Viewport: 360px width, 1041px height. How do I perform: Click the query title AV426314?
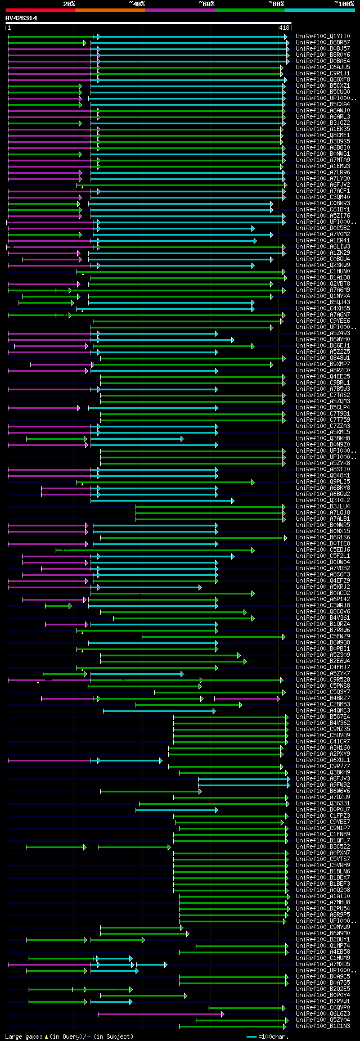[21, 18]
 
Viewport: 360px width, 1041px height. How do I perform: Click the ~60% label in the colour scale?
[206, 3]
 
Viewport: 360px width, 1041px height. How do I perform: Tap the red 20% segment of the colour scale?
[40, 10]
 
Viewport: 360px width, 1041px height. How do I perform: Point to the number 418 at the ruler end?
[284, 28]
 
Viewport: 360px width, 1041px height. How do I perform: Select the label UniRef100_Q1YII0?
[323, 37]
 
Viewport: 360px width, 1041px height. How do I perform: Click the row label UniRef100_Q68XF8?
[323, 80]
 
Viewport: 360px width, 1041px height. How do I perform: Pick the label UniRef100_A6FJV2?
[323, 185]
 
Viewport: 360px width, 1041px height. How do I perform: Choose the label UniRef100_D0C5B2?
[323, 228]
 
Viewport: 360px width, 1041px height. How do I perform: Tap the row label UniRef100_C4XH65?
[323, 309]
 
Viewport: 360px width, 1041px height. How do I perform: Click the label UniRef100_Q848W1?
[323, 358]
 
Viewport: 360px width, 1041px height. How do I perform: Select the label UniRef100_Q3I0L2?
[323, 501]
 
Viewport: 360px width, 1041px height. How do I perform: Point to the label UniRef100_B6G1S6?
[323, 538]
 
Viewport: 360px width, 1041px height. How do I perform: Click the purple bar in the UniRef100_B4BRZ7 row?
[246, 698]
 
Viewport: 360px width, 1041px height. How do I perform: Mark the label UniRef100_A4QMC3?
[323, 711]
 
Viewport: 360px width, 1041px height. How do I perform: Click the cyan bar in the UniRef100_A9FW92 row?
[243, 785]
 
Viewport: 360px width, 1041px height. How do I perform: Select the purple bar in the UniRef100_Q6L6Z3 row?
[160, 1014]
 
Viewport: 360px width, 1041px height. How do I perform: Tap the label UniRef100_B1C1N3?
[323, 1026]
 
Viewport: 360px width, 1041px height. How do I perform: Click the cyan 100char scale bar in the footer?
[251, 1037]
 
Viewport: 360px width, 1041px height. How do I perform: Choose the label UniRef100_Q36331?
[323, 804]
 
